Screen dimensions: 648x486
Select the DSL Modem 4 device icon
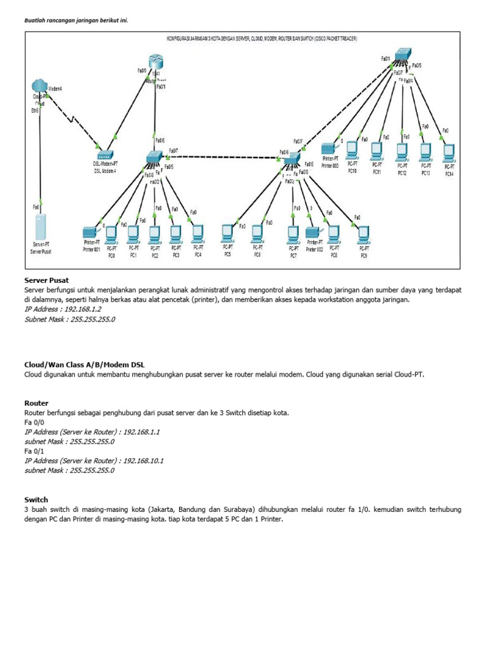coord(104,154)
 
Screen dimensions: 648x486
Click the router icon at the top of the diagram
coord(157,62)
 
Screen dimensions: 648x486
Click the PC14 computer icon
coord(449,152)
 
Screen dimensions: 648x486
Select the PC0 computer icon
coord(111,235)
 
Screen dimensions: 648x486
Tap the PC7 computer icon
coord(293,235)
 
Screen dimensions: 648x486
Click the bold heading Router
coord(36,402)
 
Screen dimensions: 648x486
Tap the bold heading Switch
coord(36,499)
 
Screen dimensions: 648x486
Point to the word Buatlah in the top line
coord(36,20)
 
